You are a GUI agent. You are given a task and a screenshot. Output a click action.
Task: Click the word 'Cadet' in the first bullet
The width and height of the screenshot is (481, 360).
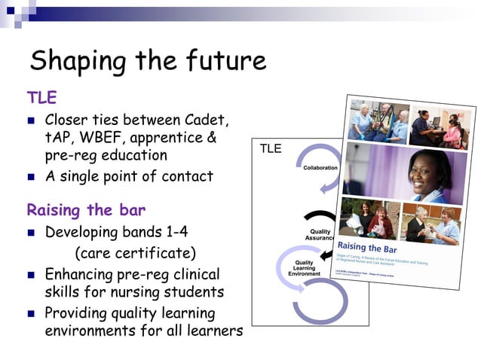tap(207, 121)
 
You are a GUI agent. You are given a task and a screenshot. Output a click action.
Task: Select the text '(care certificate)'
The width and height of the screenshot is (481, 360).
tap(135, 252)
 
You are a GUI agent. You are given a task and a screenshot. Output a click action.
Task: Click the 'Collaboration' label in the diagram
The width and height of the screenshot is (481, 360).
tap(320, 168)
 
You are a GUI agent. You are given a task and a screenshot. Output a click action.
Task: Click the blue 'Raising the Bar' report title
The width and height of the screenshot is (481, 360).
tap(368, 247)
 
